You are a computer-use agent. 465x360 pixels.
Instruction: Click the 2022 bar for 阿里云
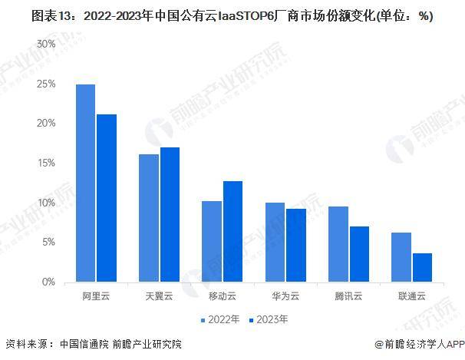point(85,183)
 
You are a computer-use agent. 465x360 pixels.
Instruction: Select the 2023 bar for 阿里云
point(107,198)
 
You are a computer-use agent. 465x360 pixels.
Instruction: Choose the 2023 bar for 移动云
point(232,232)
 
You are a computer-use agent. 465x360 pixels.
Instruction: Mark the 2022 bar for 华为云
point(274,243)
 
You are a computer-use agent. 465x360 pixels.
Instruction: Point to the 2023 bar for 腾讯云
point(358,254)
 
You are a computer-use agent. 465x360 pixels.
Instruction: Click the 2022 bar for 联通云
point(401,257)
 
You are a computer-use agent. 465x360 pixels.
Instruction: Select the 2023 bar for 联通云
point(421,268)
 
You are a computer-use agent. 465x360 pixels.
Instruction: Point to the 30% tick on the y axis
point(45,44)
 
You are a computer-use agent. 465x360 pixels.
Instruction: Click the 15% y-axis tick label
point(45,163)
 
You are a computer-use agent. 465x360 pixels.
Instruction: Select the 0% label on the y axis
point(48,282)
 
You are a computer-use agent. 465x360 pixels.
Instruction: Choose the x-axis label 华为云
point(285,295)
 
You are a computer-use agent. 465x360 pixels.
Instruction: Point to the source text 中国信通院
point(83,344)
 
